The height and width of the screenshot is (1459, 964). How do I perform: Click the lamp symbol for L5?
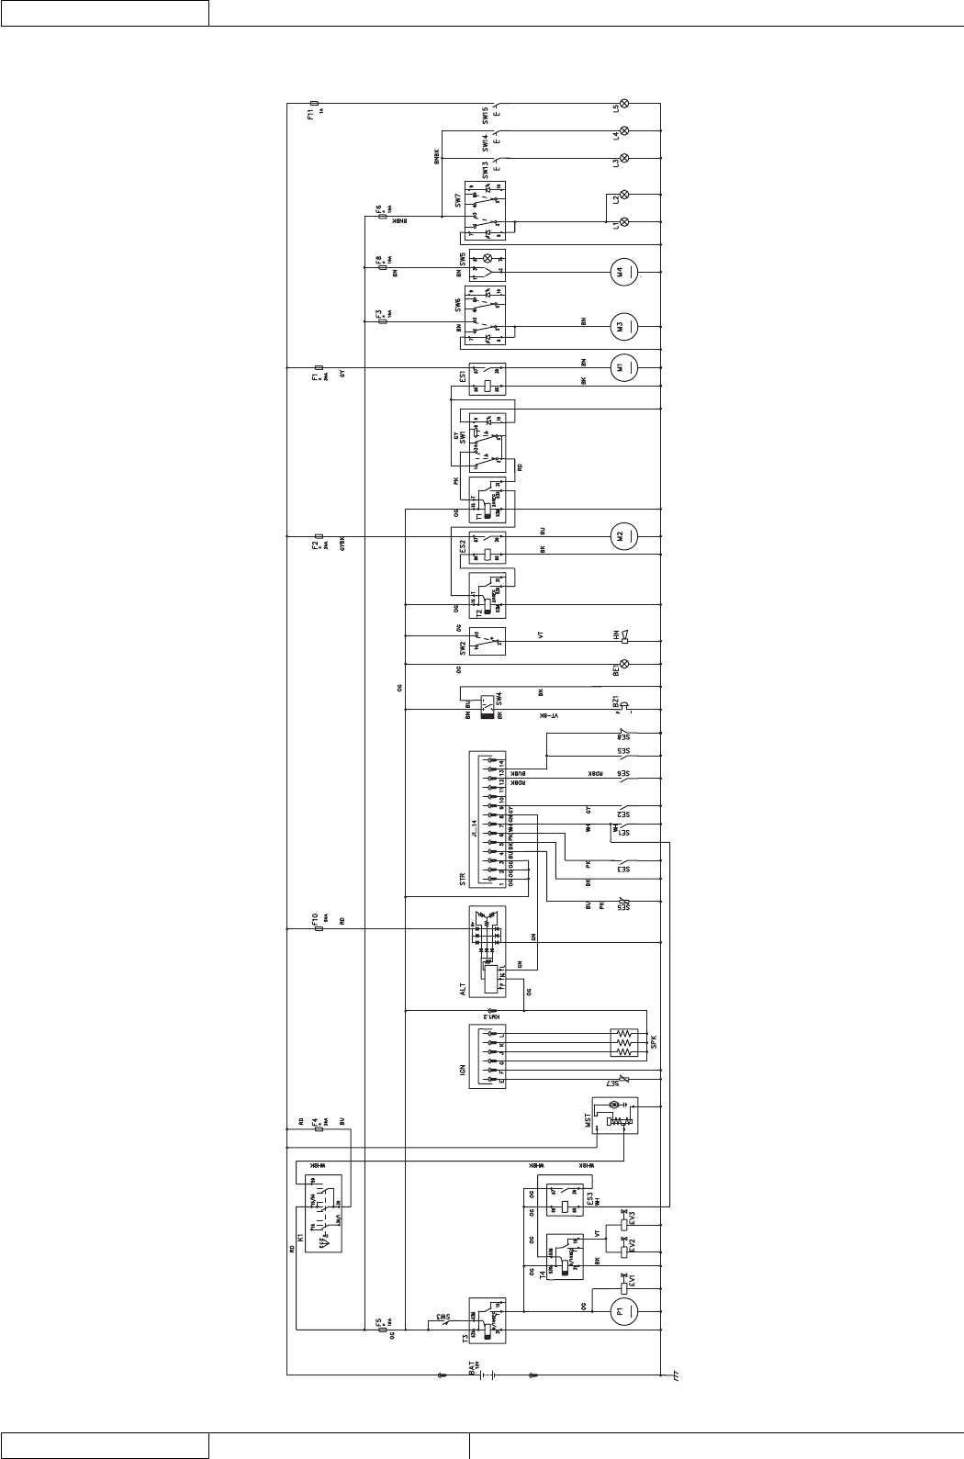click(625, 104)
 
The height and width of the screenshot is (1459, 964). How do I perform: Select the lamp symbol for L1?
click(625, 222)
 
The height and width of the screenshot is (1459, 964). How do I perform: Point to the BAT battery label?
click(473, 1367)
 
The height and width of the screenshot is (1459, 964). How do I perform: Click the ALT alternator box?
click(487, 950)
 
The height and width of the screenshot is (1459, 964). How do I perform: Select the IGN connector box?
click(487, 1057)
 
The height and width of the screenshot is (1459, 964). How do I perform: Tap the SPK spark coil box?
click(624, 1045)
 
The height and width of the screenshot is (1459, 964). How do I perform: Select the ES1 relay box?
click(487, 377)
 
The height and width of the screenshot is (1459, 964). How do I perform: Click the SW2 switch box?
click(487, 641)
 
